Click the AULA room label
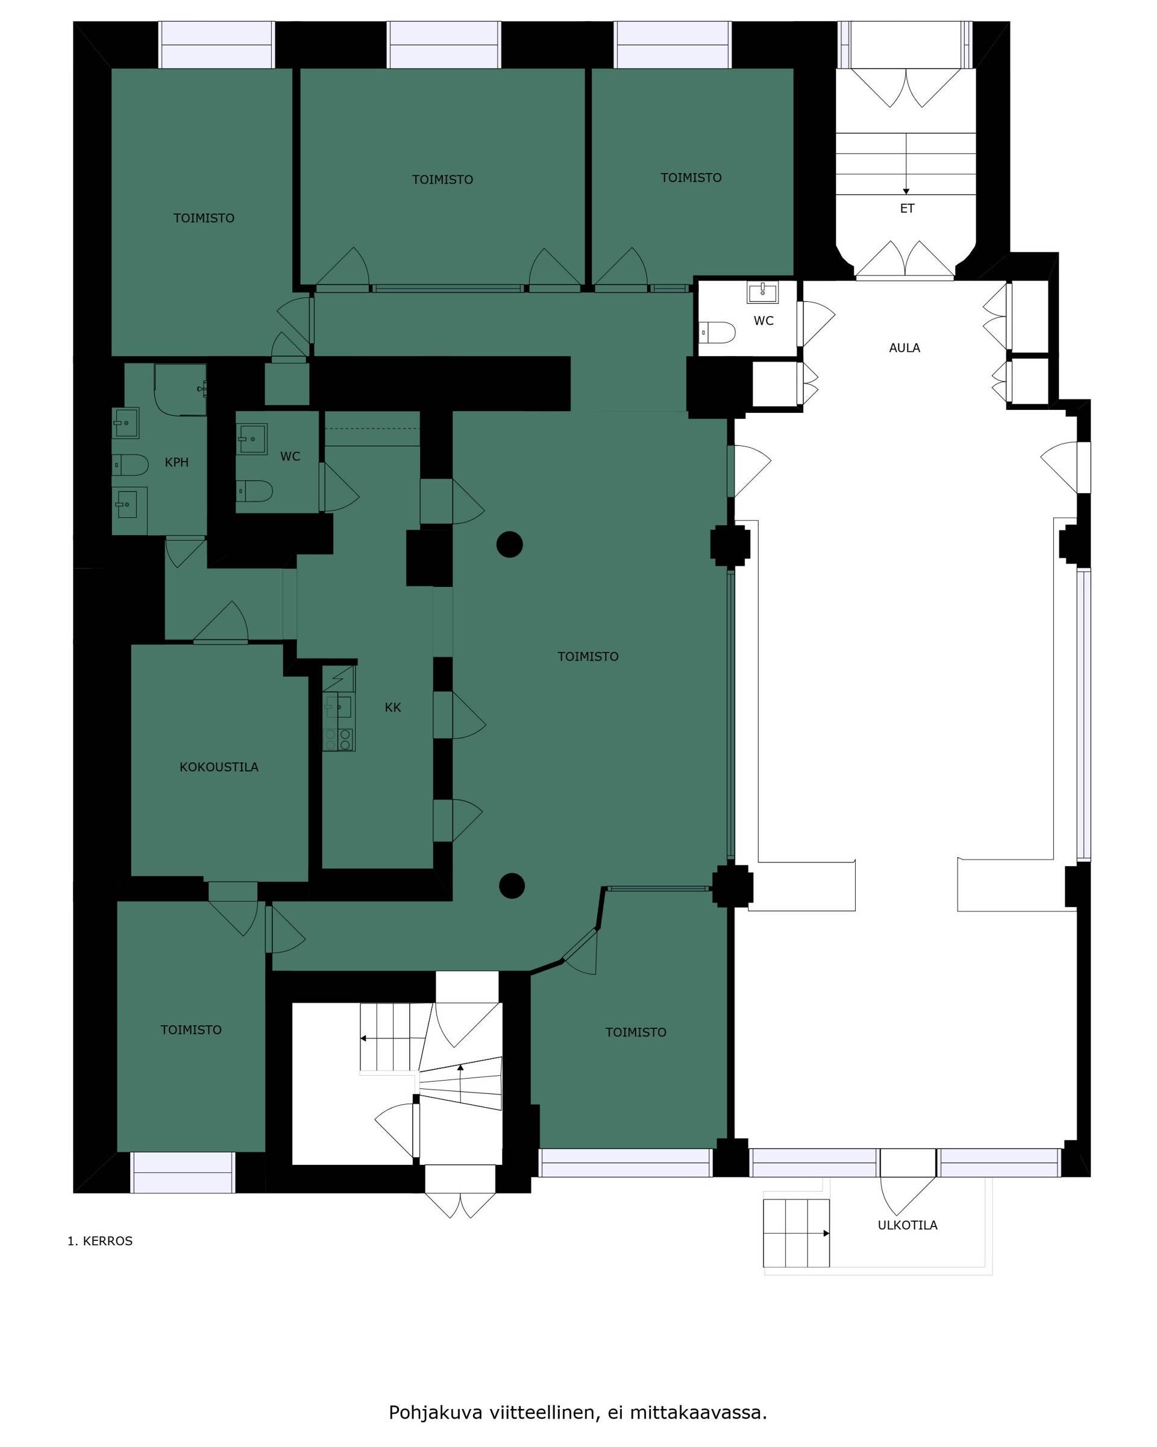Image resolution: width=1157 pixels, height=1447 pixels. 904,348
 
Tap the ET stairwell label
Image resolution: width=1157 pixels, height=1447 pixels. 907,209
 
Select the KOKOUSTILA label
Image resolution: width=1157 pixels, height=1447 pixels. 219,767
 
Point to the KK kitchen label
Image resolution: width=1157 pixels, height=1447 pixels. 393,708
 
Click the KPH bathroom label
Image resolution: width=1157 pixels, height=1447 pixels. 177,462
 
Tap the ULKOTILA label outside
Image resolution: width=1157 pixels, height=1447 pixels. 908,1225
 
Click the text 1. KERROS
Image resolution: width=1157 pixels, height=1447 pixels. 100,1241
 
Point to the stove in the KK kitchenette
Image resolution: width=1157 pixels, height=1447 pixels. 338,739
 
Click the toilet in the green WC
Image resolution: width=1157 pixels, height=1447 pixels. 254,491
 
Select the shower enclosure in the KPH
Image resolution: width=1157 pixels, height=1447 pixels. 180,390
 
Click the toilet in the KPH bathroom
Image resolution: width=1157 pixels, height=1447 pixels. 130,465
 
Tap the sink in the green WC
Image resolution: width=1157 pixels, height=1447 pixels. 252,439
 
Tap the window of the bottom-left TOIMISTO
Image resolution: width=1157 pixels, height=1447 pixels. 183,1173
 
